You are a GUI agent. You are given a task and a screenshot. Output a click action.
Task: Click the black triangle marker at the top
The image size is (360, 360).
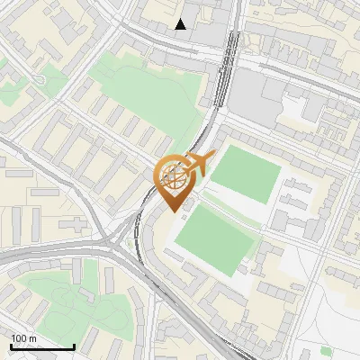(x=181, y=24)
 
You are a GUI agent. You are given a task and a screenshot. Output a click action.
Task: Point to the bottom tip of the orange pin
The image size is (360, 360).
(x=173, y=211)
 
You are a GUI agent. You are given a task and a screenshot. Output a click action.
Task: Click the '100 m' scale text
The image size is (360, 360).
(x=23, y=338)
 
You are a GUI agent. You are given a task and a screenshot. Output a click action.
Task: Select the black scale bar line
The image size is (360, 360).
(x=41, y=346)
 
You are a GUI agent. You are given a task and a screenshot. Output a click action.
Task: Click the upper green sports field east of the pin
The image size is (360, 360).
(x=246, y=173)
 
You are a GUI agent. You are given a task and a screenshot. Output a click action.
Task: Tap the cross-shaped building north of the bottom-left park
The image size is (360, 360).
(x=85, y=266)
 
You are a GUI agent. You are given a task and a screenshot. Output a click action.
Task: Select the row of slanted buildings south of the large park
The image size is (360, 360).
(x=126, y=126)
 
